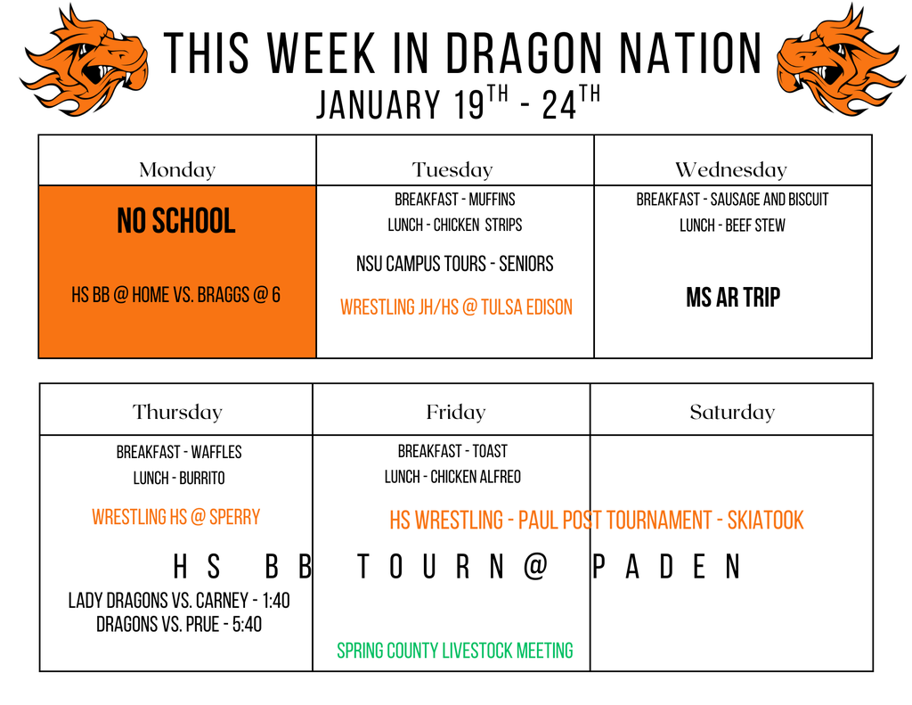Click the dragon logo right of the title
tap(839, 61)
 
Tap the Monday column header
tap(177, 169)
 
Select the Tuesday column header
tap(452, 169)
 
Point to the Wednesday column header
tap(731, 169)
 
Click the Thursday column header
tap(176, 412)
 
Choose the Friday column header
tap(455, 412)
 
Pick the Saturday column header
tap(732, 412)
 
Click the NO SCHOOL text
tap(176, 221)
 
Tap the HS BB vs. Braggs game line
tap(176, 295)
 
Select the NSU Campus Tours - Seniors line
tap(454, 264)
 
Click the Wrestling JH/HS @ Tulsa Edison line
tap(456, 307)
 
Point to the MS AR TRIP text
tap(733, 298)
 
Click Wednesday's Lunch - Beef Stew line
tap(732, 225)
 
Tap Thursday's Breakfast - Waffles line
tap(179, 452)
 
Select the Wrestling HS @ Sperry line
tap(176, 517)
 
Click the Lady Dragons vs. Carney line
tap(179, 601)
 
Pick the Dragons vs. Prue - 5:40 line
tap(179, 624)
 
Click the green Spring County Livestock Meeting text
tap(455, 651)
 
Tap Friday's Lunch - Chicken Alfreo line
tap(452, 477)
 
